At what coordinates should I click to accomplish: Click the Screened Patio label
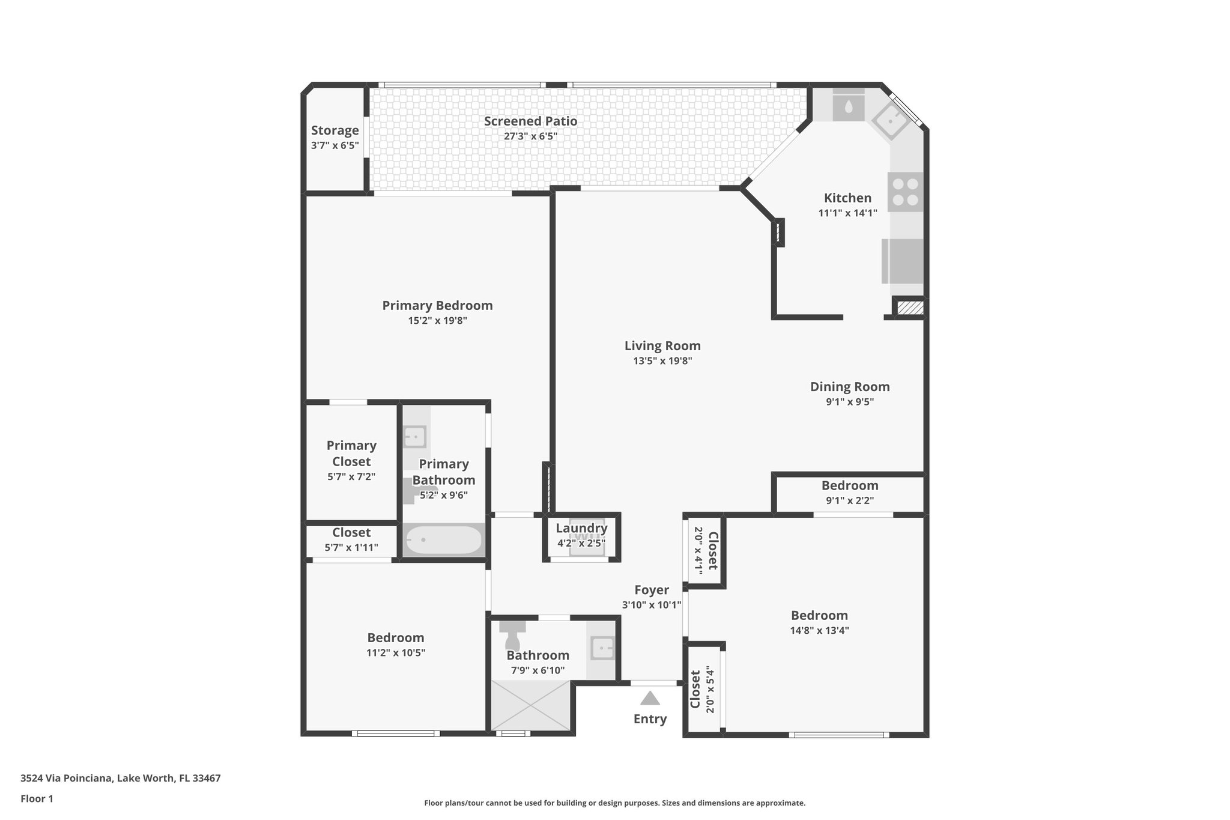tap(530, 121)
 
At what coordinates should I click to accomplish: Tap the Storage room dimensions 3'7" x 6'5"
tap(335, 145)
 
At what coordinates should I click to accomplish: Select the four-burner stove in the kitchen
tap(905, 192)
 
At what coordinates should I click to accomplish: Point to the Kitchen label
tap(847, 198)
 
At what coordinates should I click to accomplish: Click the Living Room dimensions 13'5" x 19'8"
tap(662, 361)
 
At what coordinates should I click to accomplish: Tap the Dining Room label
tap(849, 387)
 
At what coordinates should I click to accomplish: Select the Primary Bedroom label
tap(437, 305)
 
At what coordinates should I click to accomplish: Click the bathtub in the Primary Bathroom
tap(443, 540)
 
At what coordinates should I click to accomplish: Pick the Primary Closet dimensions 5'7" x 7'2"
tap(351, 477)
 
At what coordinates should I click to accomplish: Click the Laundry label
tap(581, 528)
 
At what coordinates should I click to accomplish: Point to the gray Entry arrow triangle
tap(650, 698)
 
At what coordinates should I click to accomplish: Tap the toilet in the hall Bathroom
tap(513, 633)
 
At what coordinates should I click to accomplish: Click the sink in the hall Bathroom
tap(602, 649)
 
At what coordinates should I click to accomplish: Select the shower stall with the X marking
tap(530, 706)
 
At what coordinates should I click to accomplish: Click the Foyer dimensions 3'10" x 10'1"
tap(651, 605)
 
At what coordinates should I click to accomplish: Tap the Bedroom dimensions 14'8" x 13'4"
tap(819, 631)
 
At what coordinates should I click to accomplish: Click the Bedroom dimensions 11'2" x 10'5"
tap(396, 653)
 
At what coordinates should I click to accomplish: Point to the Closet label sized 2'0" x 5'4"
tap(695, 690)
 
